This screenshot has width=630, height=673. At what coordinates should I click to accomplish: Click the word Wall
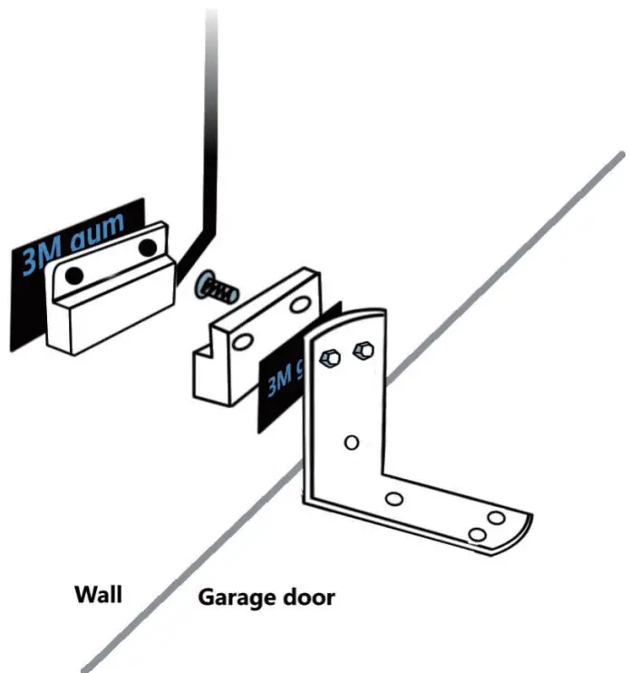click(98, 595)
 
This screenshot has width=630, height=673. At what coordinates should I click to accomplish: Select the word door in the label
click(309, 598)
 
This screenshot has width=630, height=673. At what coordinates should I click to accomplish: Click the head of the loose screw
click(204, 284)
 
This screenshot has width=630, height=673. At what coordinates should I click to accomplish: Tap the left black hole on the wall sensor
click(77, 273)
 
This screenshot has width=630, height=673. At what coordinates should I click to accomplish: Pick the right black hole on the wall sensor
click(147, 247)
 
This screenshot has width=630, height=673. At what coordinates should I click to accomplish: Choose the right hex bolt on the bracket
click(363, 347)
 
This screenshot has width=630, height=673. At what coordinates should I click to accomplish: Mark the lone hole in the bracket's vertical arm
click(353, 443)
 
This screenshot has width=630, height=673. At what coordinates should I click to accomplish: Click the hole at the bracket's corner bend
click(394, 499)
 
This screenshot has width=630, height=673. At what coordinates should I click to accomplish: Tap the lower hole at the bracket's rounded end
click(476, 536)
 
